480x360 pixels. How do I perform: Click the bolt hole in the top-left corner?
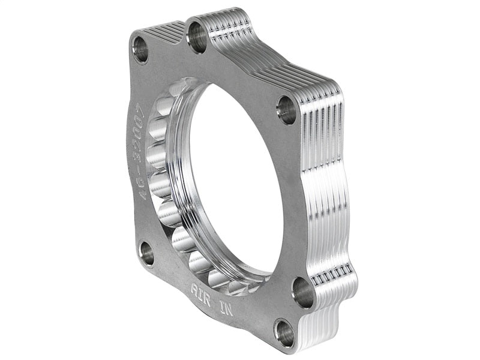coord(141,49)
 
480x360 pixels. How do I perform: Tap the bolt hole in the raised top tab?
coord(197,37)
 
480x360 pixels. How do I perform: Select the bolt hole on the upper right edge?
coord(287,110)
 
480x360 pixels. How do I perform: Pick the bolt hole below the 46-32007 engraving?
coord(146,254)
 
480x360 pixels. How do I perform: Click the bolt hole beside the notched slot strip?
coord(303,292)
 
